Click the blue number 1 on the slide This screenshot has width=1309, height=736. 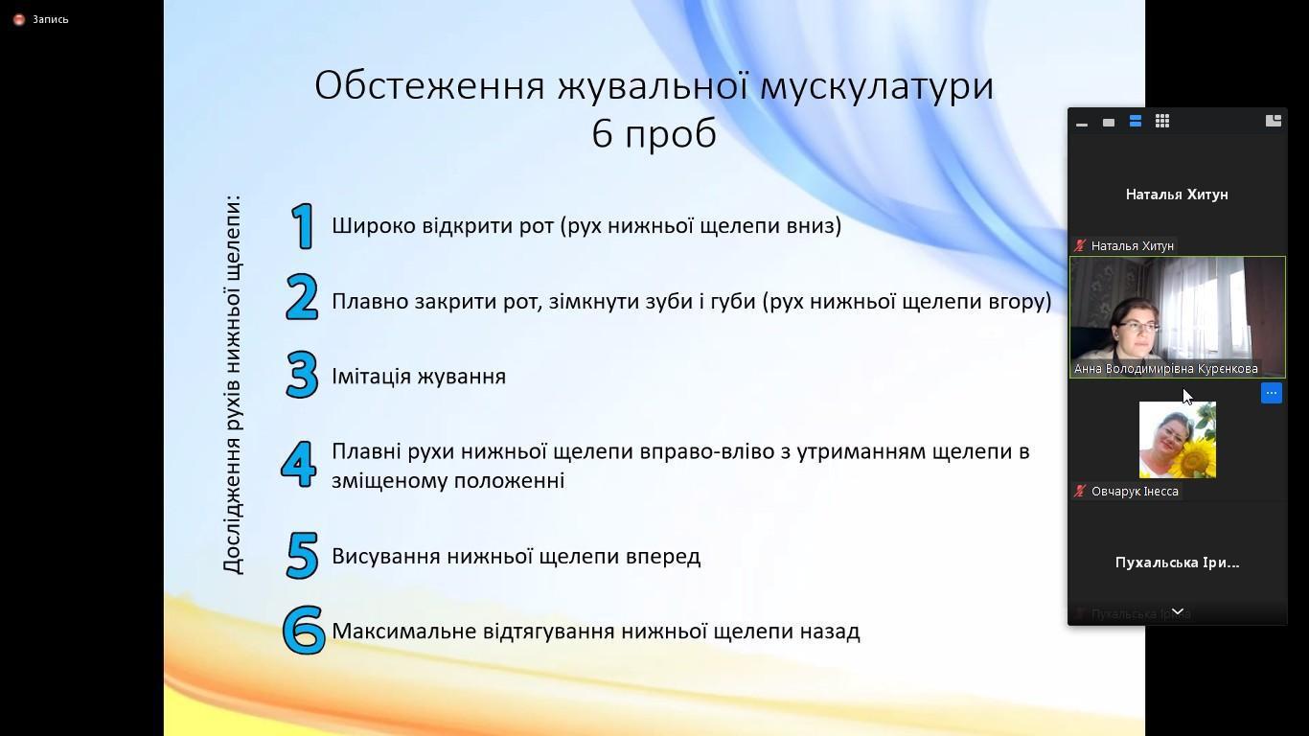[x=303, y=226]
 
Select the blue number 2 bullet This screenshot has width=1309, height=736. [x=302, y=297]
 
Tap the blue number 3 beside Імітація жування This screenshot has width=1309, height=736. [x=302, y=375]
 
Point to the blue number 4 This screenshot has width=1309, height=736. [x=299, y=464]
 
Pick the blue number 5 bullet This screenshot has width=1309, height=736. [x=302, y=556]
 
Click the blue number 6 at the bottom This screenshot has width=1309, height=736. [x=303, y=630]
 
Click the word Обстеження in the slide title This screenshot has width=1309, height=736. [x=429, y=85]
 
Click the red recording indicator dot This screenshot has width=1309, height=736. [x=19, y=19]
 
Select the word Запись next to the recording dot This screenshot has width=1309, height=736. [x=50, y=19]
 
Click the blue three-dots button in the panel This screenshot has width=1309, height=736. [x=1271, y=393]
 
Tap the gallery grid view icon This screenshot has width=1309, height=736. [x=1161, y=121]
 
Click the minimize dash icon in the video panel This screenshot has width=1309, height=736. [x=1082, y=124]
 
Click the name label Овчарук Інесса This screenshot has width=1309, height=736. [x=1135, y=491]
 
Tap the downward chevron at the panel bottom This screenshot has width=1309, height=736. [x=1178, y=610]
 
